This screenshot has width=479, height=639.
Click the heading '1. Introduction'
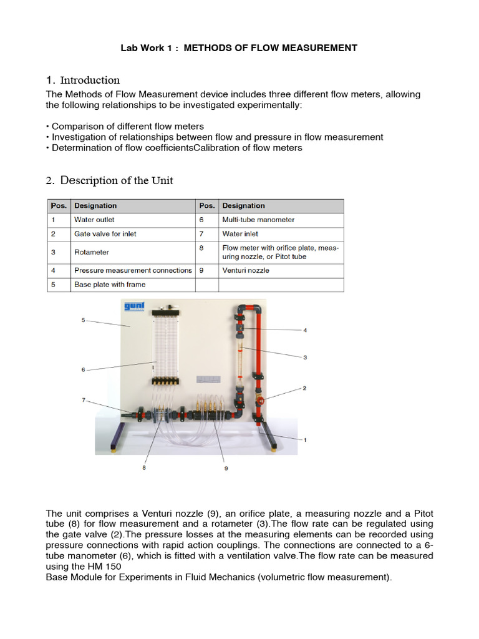tap(83, 80)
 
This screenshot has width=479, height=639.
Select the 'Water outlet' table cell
tap(94, 220)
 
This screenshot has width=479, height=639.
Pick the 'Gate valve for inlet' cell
tap(105, 233)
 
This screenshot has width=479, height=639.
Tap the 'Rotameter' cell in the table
tap(92, 252)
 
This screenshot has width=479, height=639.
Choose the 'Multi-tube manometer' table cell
tap(258, 220)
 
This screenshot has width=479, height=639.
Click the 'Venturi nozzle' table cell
tap(246, 270)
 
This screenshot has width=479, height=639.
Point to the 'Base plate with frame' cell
tap(110, 285)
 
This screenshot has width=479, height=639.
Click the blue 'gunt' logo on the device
tap(133, 306)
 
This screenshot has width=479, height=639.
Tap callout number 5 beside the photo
tap(83, 320)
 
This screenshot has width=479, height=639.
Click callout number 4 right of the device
tap(305, 329)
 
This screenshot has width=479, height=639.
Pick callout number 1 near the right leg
tap(305, 440)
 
